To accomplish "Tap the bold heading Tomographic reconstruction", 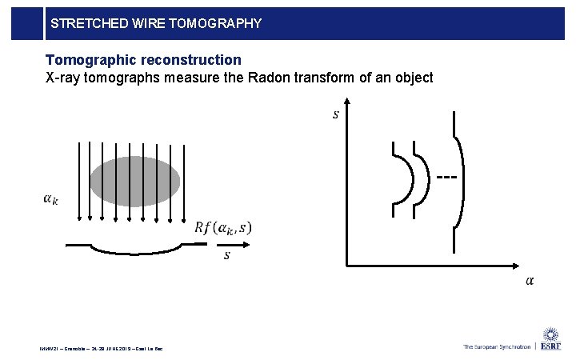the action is pos(143,60).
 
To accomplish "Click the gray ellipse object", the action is pos(133,182).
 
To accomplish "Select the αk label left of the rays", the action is pos(50,198).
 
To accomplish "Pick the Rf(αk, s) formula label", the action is pos(222,228).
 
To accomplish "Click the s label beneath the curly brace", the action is pos(226,255).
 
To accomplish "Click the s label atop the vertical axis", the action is pos(335,114).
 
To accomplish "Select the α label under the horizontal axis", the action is pos(530,280).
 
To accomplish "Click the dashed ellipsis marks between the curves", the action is pos(447,176).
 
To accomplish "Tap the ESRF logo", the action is pos(551,340).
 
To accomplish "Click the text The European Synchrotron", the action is pos(496,346).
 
